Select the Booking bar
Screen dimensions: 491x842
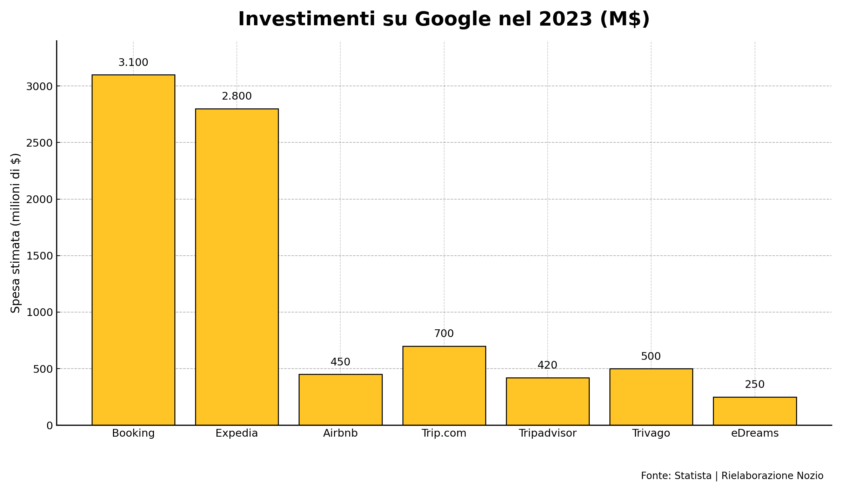[133, 250]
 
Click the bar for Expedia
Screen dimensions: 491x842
[237, 267]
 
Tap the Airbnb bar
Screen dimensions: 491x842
[340, 400]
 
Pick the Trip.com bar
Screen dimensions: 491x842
[444, 386]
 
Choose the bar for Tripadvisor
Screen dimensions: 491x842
[548, 402]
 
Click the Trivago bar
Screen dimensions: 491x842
[651, 397]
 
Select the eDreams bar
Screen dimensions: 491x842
[755, 411]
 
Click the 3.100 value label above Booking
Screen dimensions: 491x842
[133, 63]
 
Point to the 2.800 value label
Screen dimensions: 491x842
[237, 96]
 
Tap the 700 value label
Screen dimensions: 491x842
[444, 334]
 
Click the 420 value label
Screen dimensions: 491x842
[548, 365]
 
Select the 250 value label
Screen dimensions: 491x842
[755, 385]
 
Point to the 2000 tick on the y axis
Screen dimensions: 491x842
[39, 199]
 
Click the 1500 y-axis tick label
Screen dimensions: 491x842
[39, 256]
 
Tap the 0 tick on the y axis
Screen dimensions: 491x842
[49, 426]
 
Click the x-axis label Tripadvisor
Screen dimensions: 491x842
[548, 433]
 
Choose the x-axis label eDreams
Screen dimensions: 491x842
[755, 433]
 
